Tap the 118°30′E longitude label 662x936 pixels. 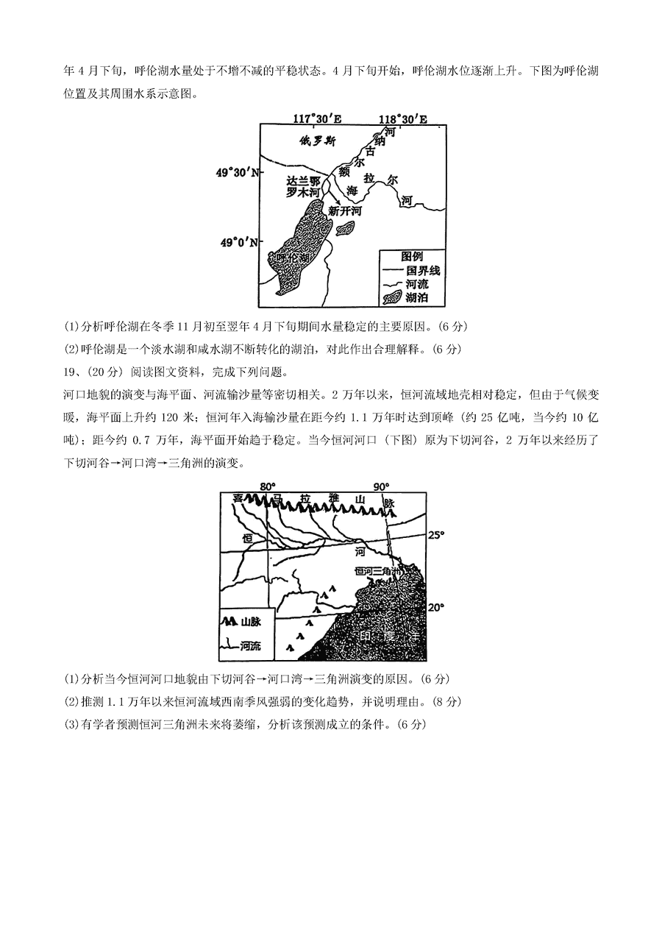tap(403, 118)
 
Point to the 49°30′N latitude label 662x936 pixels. tap(237, 172)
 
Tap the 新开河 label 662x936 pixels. tap(345, 210)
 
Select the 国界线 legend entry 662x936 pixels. tap(416, 270)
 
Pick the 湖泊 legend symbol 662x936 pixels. tap(393, 297)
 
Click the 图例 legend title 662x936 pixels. tap(412, 256)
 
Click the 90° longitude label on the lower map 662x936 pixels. tap(380, 486)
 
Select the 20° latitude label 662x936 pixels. tap(437, 607)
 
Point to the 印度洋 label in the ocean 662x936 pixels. tap(389, 637)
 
